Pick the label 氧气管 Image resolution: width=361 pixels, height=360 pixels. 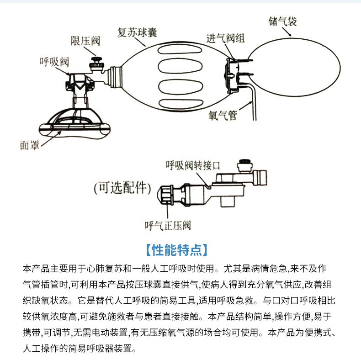click(223, 116)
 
